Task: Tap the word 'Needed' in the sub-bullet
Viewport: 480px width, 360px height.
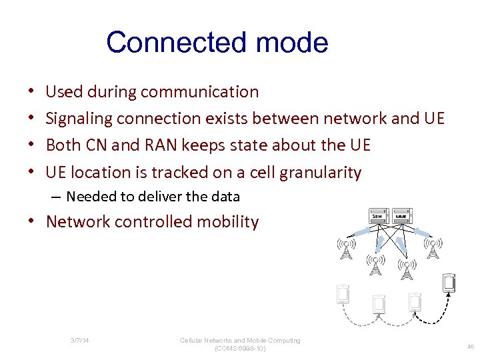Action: coord(89,197)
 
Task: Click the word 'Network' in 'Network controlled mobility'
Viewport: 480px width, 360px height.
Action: coord(78,222)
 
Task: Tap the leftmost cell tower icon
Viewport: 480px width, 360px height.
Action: coord(346,249)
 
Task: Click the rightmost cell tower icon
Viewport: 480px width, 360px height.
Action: coord(433,247)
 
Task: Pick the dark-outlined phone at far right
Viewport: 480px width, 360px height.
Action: coord(449,283)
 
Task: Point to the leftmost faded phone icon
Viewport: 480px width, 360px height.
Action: coord(343,294)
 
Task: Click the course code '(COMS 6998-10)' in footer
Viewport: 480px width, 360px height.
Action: coord(240,348)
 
